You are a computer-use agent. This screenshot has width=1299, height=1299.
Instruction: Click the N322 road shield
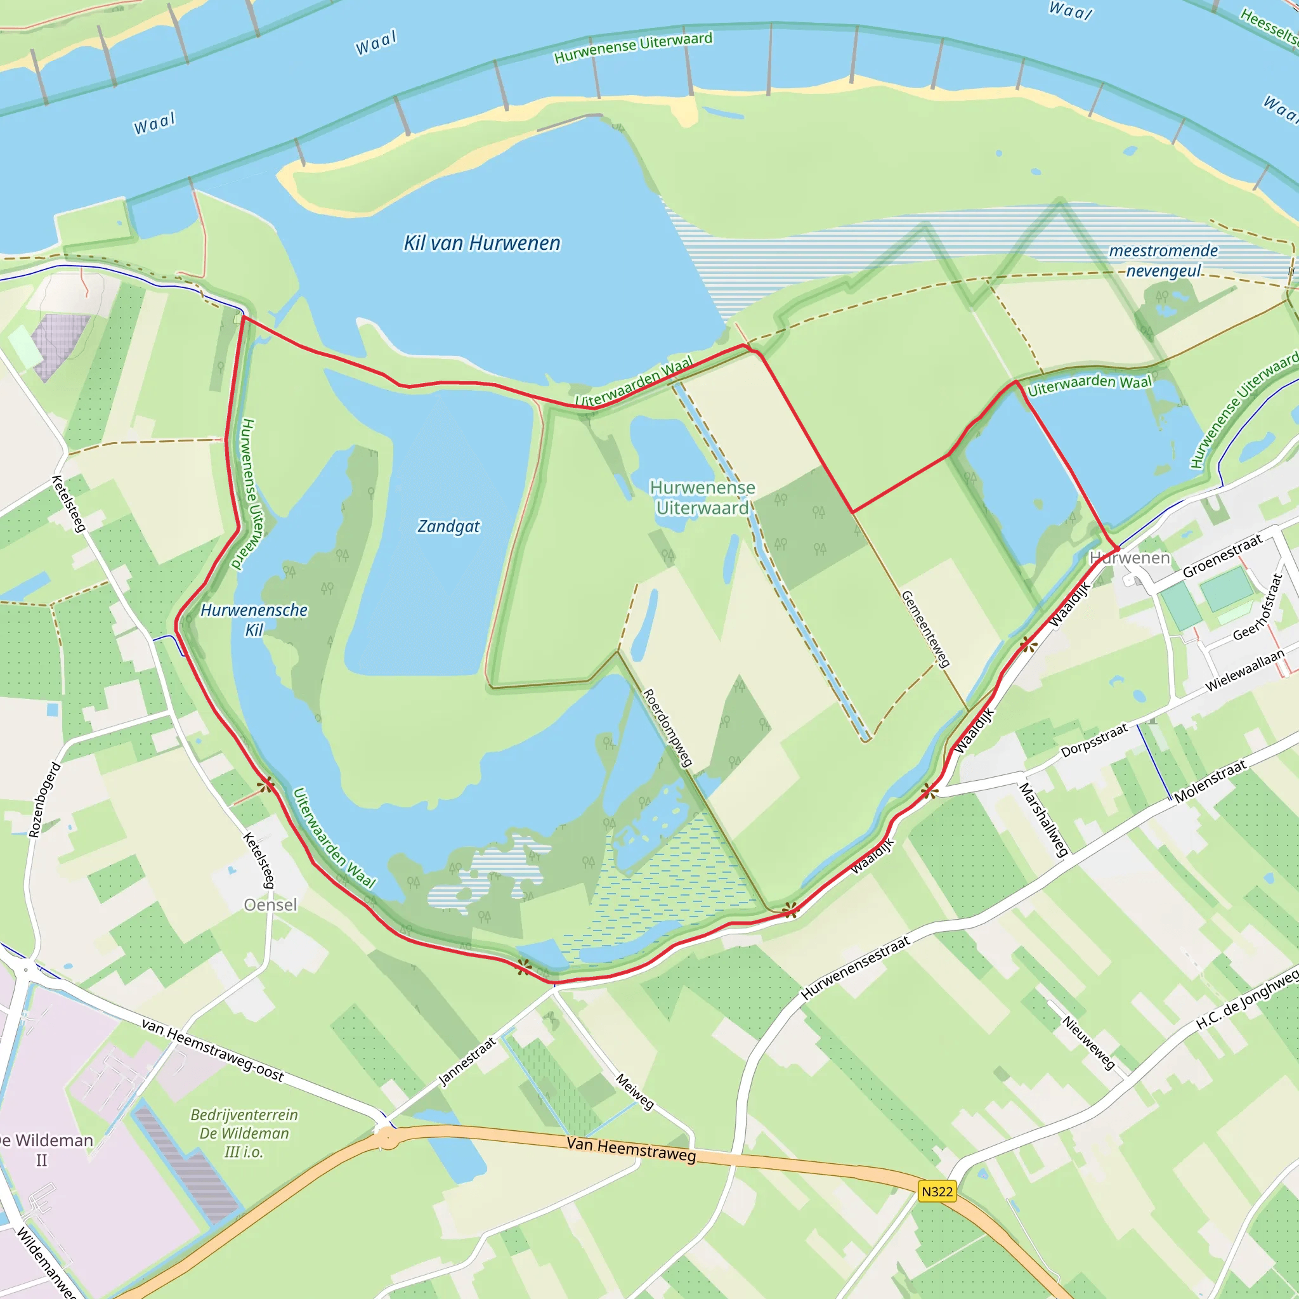pyautogui.click(x=937, y=1191)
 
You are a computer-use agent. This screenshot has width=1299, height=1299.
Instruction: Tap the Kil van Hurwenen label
pyautogui.click(x=481, y=243)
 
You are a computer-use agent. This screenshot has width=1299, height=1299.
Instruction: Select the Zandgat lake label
pyautogui.click(x=448, y=526)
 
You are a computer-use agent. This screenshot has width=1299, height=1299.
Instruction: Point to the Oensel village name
pyautogui.click(x=270, y=904)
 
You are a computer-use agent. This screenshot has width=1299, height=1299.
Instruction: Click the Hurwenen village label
pyautogui.click(x=1130, y=558)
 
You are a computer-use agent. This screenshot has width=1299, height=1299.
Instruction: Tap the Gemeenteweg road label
pyautogui.click(x=926, y=629)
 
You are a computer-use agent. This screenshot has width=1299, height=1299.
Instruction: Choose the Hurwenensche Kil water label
pyautogui.click(x=254, y=619)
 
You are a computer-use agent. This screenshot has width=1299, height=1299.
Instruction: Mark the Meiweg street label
pyautogui.click(x=635, y=1090)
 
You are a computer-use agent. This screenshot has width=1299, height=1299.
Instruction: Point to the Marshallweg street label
pyautogui.click(x=1043, y=819)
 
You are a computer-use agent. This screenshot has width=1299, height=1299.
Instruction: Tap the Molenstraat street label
pyautogui.click(x=1210, y=781)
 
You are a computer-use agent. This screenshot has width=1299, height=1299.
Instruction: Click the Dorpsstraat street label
pyautogui.click(x=1094, y=740)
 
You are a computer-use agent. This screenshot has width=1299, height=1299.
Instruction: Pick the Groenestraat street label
pyautogui.click(x=1222, y=556)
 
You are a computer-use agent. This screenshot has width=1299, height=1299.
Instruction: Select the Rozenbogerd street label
pyautogui.click(x=44, y=799)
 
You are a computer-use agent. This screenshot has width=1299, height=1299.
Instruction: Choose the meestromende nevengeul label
pyautogui.click(x=1163, y=260)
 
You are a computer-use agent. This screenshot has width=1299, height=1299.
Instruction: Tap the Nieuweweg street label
pyautogui.click(x=1088, y=1042)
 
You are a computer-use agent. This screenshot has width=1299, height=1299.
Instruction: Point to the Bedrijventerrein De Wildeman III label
pyautogui.click(x=244, y=1133)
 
